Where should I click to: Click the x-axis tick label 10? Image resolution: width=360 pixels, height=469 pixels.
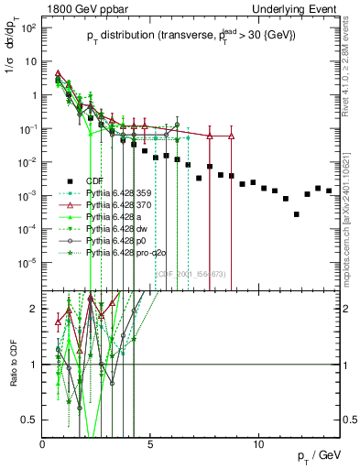[259, 444]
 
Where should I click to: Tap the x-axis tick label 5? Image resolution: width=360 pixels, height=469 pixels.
[151, 444]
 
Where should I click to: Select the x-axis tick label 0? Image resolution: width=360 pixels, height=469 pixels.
[43, 444]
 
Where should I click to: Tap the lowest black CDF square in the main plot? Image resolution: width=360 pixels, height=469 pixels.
[296, 214]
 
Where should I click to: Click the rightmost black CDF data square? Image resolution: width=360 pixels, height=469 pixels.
[328, 191]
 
